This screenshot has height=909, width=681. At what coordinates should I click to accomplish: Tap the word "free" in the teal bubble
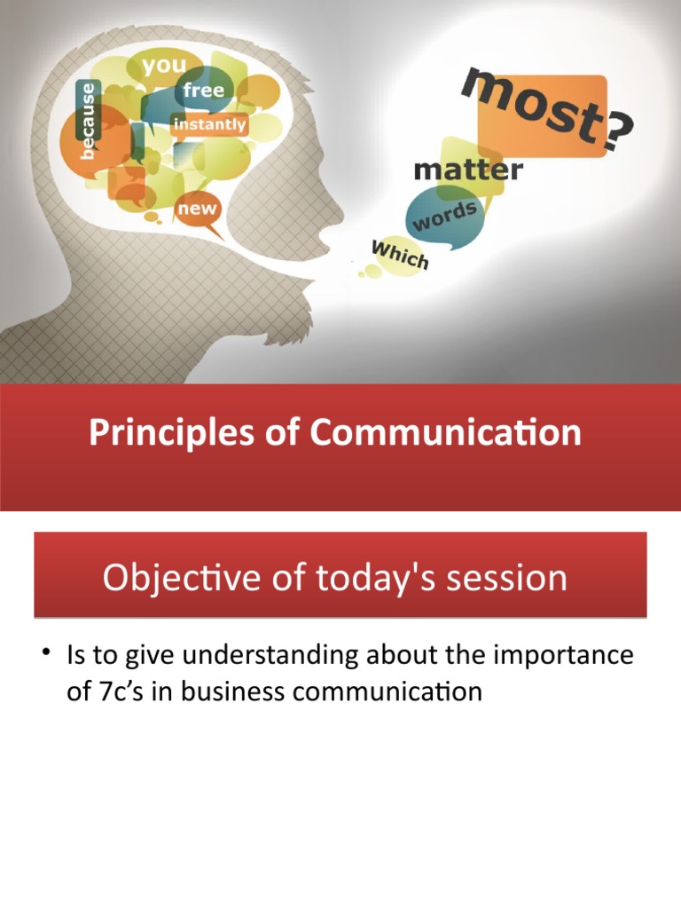pyautogui.click(x=203, y=91)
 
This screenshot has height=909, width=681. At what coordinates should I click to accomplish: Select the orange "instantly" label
pyautogui.click(x=209, y=125)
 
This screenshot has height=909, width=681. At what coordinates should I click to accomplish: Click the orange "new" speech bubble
pyautogui.click(x=197, y=209)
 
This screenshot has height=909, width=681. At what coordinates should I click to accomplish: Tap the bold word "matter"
pyautogui.click(x=468, y=169)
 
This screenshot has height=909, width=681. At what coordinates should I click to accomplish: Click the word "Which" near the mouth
pyautogui.click(x=400, y=255)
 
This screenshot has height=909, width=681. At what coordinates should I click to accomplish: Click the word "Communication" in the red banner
pyautogui.click(x=446, y=433)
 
